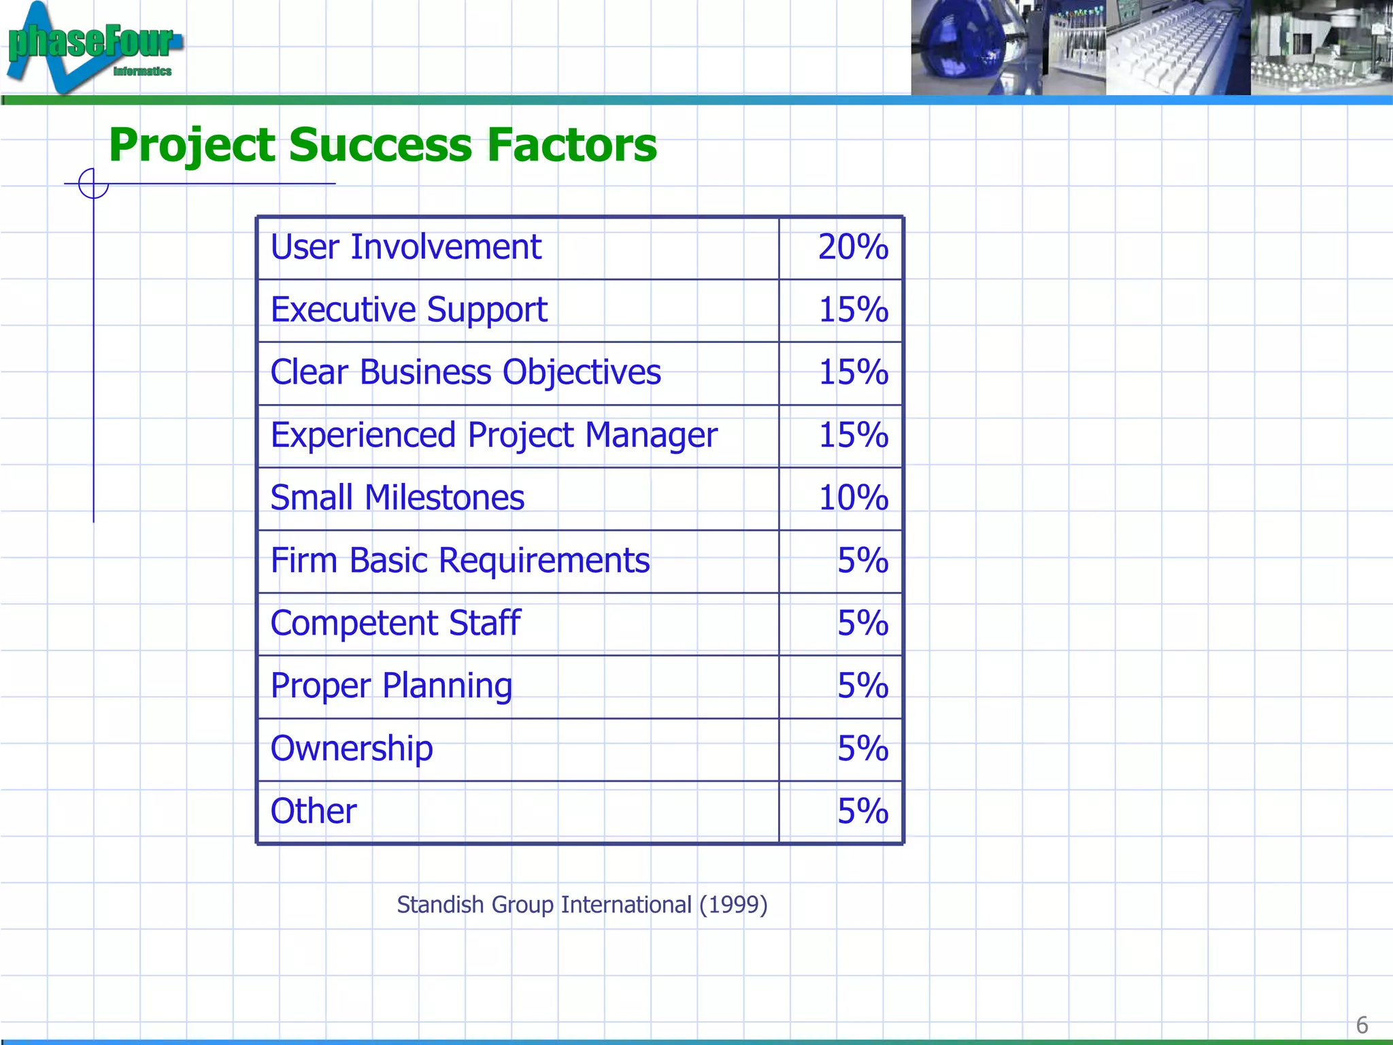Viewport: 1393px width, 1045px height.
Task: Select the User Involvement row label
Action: pyautogui.click(x=405, y=247)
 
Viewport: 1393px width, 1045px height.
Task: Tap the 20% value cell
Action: pyautogui.click(x=852, y=247)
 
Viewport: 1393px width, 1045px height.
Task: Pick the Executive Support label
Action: pyautogui.click(x=409, y=310)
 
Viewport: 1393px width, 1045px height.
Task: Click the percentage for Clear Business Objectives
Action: pyautogui.click(x=853, y=373)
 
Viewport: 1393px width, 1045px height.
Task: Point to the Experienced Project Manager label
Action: pyautogui.click(x=494, y=435)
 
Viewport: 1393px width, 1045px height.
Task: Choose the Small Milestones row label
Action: pyautogui.click(x=397, y=498)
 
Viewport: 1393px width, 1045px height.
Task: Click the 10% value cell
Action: pyautogui.click(x=853, y=498)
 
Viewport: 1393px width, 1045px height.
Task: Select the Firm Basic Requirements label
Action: pyautogui.click(x=460, y=561)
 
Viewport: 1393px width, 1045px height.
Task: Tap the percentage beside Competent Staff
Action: pyautogui.click(x=862, y=623)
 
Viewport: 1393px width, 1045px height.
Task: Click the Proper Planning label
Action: pyautogui.click(x=391, y=686)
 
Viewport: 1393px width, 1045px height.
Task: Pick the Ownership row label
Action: pyautogui.click(x=352, y=748)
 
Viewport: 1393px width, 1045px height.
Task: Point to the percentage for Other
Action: pyautogui.click(x=862, y=811)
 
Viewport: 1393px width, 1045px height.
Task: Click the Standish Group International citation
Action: pyautogui.click(x=582, y=905)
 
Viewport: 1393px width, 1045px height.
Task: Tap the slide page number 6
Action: pyautogui.click(x=1362, y=1025)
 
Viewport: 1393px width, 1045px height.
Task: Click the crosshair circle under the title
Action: pyautogui.click(x=93, y=184)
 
